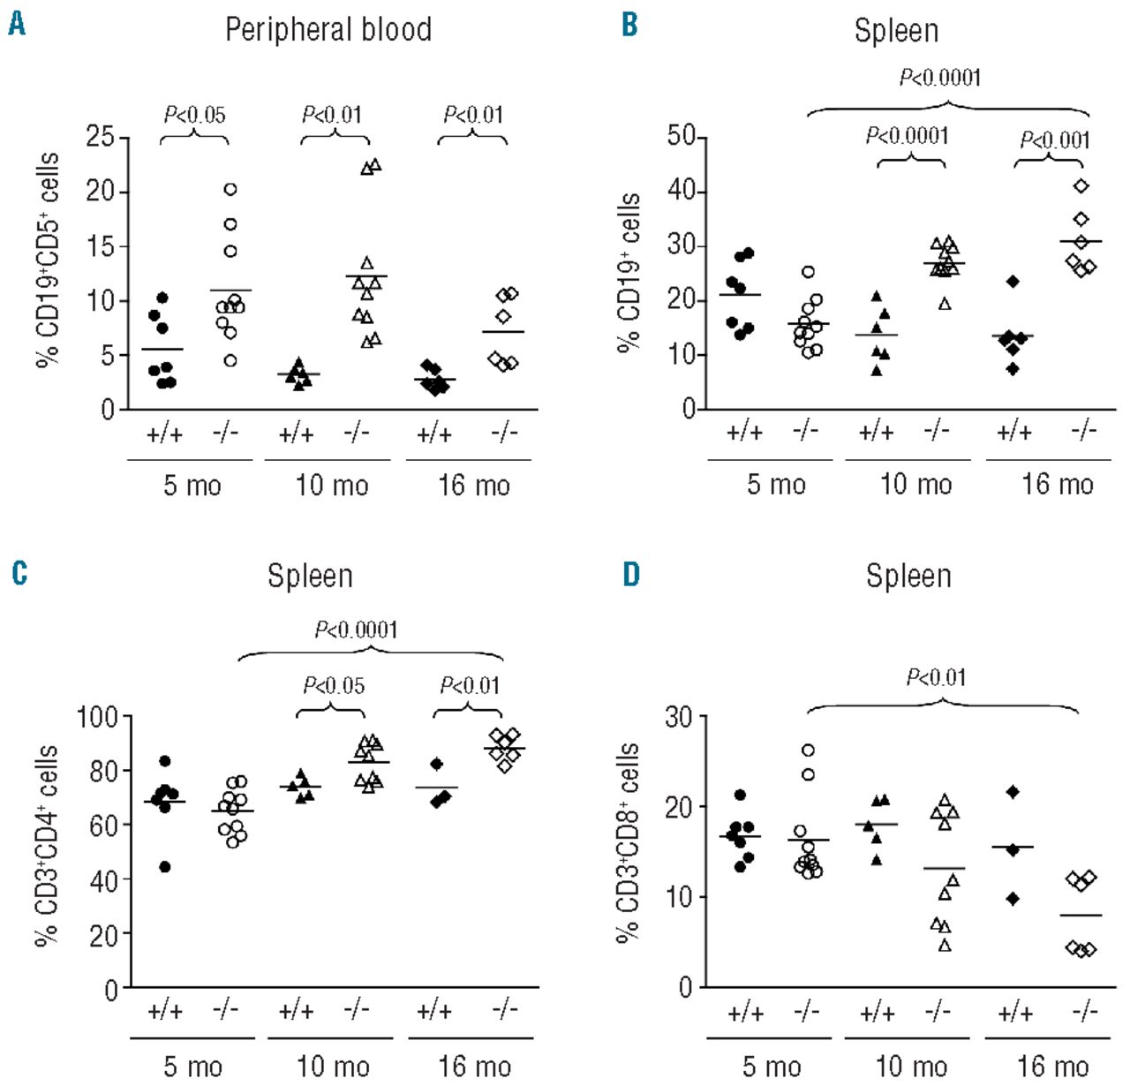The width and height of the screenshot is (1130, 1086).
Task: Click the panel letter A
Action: (x=16, y=24)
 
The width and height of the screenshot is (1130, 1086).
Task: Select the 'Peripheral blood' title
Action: (x=328, y=30)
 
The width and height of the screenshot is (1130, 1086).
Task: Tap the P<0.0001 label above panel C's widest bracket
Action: (x=357, y=630)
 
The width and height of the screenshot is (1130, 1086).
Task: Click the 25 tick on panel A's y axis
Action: (x=101, y=137)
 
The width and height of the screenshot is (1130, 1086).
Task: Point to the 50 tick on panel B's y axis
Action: (x=682, y=137)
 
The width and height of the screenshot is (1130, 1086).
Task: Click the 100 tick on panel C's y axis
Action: (x=97, y=716)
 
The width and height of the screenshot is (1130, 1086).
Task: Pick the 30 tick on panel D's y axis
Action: (x=679, y=716)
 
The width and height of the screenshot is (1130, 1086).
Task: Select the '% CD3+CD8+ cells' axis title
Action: (x=629, y=842)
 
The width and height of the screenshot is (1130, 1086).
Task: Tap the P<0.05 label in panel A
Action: (x=195, y=115)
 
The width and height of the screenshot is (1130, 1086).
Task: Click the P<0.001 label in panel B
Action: (x=1055, y=140)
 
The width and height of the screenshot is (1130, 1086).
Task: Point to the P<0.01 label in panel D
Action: (x=937, y=678)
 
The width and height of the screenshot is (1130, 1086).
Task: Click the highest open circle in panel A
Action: (x=230, y=189)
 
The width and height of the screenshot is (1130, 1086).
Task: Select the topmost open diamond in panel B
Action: (x=1081, y=185)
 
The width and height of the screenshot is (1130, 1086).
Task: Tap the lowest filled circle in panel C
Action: (x=164, y=867)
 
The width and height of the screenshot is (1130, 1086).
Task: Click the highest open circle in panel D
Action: (x=808, y=750)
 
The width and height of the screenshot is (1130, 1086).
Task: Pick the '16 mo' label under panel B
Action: (x=1058, y=484)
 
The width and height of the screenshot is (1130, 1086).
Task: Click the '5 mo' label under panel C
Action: (x=192, y=1066)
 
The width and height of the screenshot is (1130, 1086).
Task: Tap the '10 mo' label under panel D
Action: (x=911, y=1066)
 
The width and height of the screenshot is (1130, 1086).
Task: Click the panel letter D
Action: (x=631, y=575)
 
